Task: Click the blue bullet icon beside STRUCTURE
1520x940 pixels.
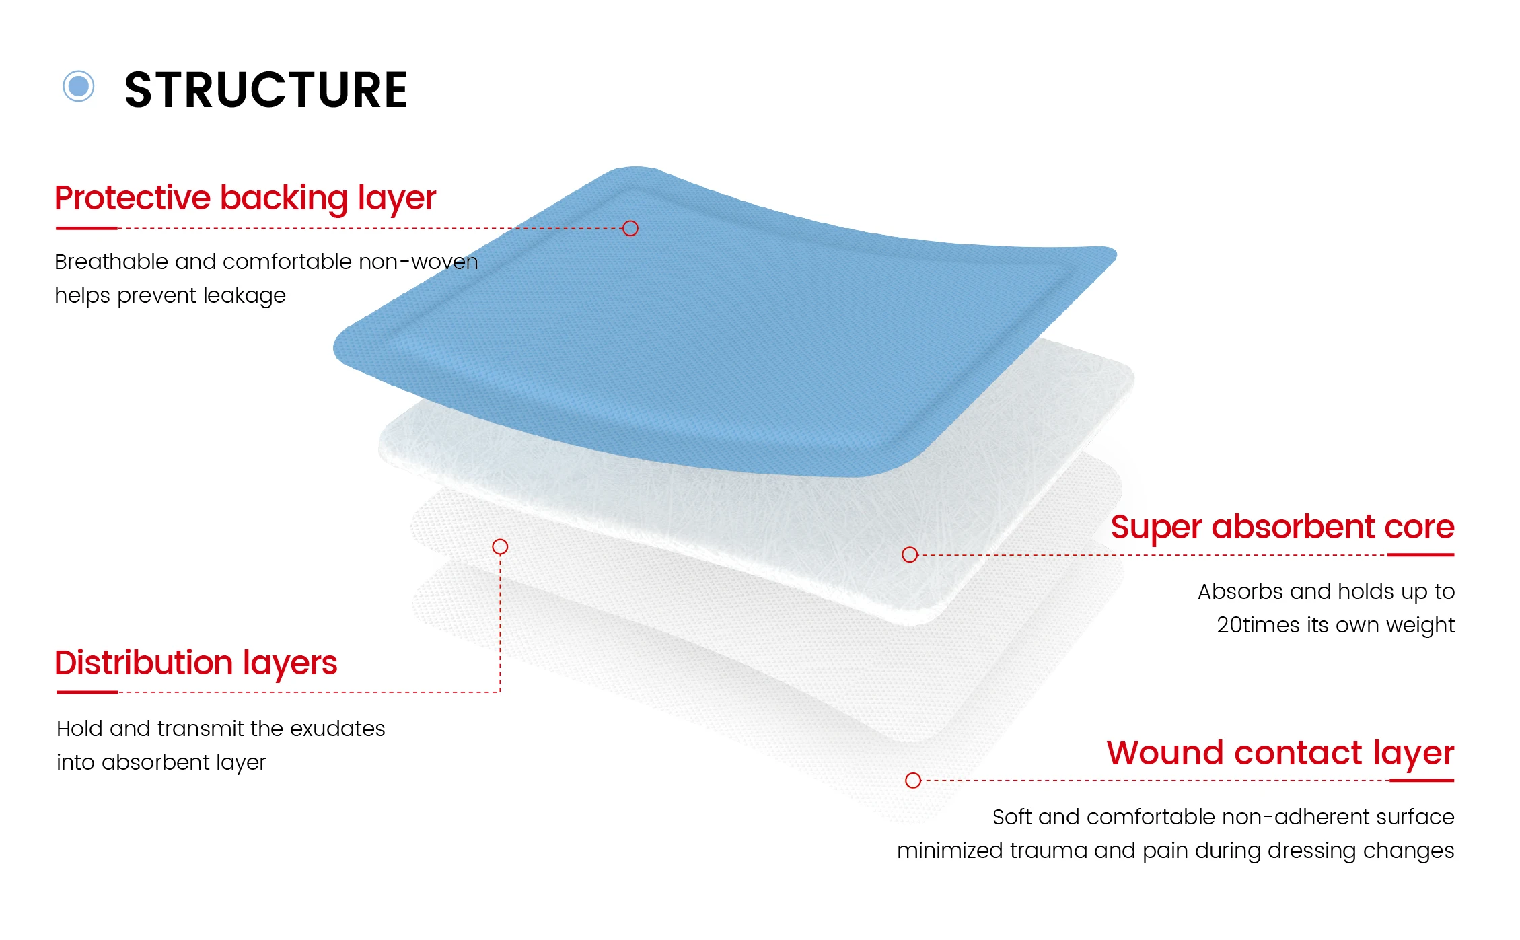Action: pyautogui.click(x=79, y=86)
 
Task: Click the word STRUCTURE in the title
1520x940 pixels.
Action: pyautogui.click(x=266, y=90)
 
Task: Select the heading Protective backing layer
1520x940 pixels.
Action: pyautogui.click(x=246, y=198)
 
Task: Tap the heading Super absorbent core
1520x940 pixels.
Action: pyautogui.click(x=1282, y=527)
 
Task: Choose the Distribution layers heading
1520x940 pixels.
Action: pyautogui.click(x=196, y=663)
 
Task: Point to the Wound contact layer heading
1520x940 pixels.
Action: pyautogui.click(x=1280, y=753)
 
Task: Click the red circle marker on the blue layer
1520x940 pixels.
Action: pyautogui.click(x=630, y=228)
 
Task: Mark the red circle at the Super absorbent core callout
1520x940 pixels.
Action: pyautogui.click(x=910, y=554)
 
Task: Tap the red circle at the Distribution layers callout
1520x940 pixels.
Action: pyautogui.click(x=500, y=546)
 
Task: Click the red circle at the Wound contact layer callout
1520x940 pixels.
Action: pyautogui.click(x=913, y=781)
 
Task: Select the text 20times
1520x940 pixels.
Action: pyautogui.click(x=1258, y=625)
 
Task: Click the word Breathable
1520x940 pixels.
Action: pyautogui.click(x=112, y=262)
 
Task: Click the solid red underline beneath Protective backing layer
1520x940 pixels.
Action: pyautogui.click(x=87, y=228)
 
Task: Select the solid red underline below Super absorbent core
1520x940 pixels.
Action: pyautogui.click(x=1421, y=555)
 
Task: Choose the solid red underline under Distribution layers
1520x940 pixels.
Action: pyautogui.click(x=87, y=692)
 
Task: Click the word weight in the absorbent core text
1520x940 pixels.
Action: pyautogui.click(x=1420, y=626)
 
